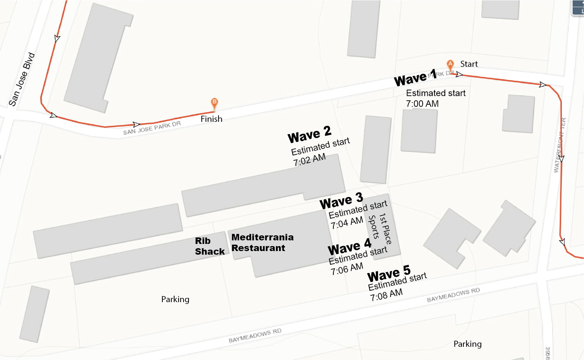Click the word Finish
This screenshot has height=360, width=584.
(211, 119)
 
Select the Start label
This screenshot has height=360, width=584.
(469, 64)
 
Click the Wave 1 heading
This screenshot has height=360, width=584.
(415, 78)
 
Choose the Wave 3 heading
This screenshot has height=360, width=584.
(341, 201)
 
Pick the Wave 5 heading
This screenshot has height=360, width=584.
(389, 274)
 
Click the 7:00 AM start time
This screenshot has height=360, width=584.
(422, 104)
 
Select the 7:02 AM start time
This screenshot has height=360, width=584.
(309, 160)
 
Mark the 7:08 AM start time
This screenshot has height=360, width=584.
(386, 295)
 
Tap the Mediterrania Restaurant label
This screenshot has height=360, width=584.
(262, 242)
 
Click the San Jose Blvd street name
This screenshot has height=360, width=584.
(22, 80)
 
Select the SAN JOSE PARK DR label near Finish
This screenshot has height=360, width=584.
(152, 128)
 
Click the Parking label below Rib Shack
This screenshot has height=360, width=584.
(175, 299)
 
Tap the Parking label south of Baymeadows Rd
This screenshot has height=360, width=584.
(467, 344)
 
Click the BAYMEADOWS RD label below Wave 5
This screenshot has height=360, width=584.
(453, 295)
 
